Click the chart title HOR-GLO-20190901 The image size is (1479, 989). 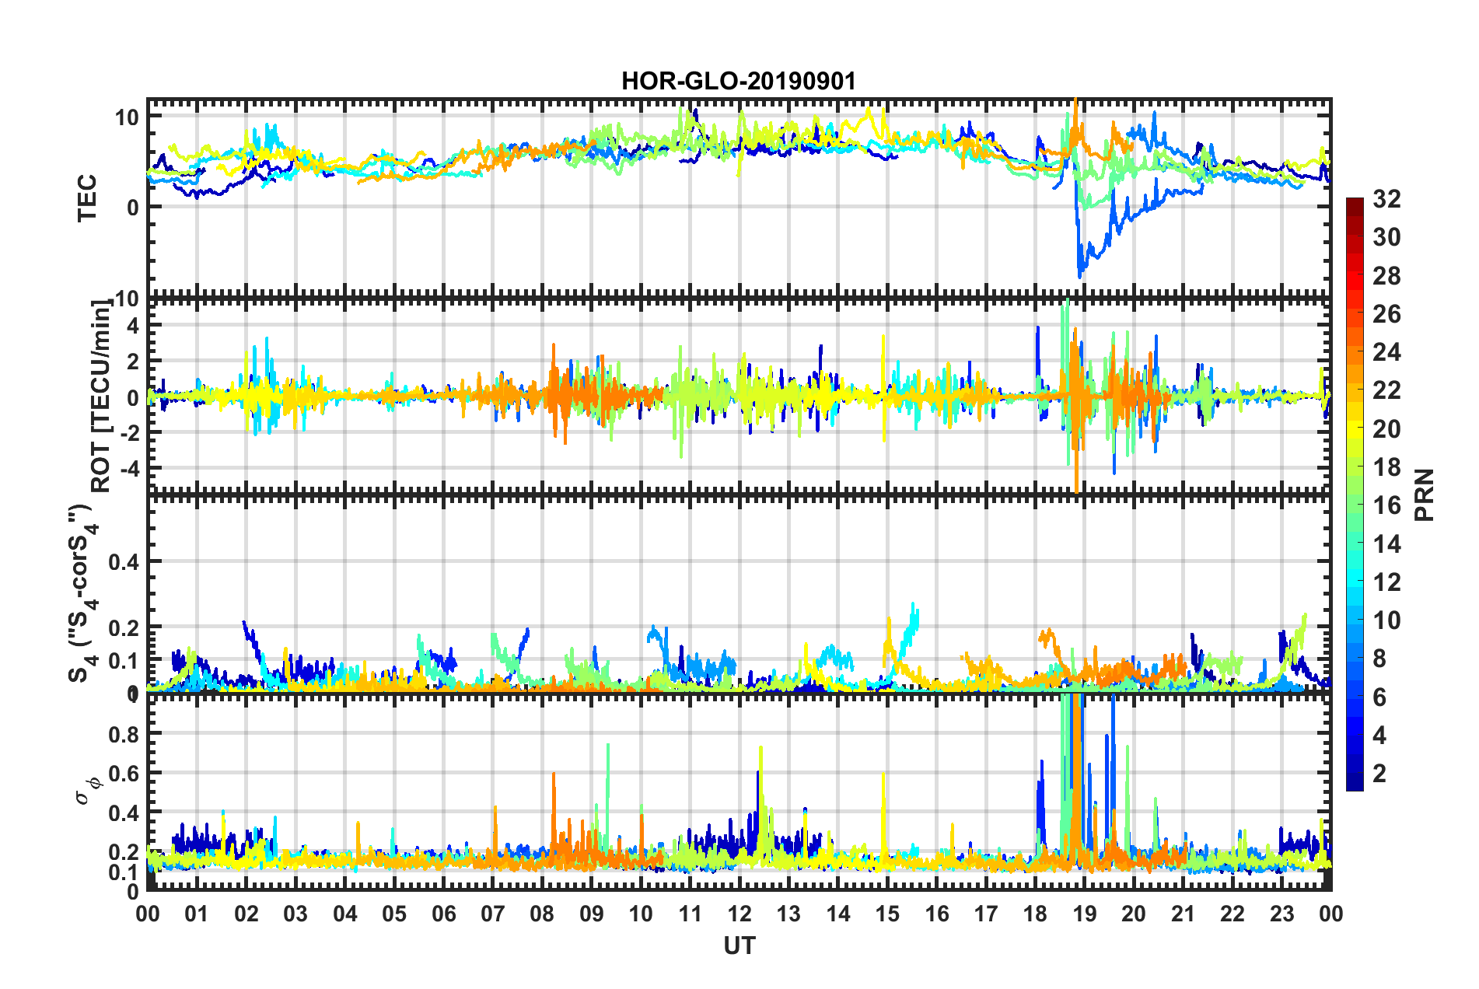[x=739, y=81]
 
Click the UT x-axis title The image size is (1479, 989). [x=739, y=945]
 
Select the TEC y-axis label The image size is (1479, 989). [x=87, y=198]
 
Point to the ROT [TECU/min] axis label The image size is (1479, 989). [x=101, y=397]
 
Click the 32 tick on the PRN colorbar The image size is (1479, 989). [x=1386, y=199]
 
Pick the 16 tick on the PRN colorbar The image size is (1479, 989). [x=1386, y=505]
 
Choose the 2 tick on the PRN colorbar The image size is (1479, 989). [x=1379, y=773]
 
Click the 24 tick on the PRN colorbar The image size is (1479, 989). [x=1386, y=352]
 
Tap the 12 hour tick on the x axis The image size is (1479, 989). [x=739, y=914]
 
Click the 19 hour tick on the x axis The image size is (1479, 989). [x=1085, y=914]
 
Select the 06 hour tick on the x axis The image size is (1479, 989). [x=444, y=914]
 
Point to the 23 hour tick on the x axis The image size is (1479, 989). [x=1281, y=914]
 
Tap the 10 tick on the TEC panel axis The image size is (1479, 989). [x=127, y=117]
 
